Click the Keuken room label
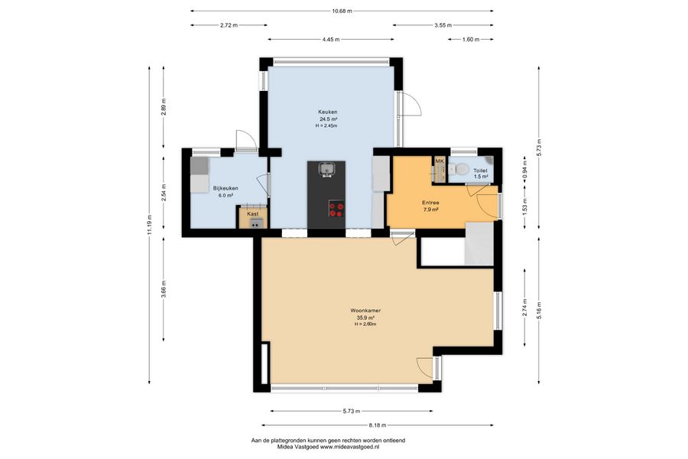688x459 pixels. pos(328,112)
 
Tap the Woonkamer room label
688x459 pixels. pos(365,311)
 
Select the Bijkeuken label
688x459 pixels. pos(226,188)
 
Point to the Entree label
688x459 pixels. pos(430,203)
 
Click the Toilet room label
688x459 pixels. pos(480,171)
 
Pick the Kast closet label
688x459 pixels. pos(253,214)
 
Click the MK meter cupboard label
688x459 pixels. pos(440,161)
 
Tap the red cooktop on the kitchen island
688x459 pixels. pos(336,208)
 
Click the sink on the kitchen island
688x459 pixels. pos(326,169)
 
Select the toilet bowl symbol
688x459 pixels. pos(459,169)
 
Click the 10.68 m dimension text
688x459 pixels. pos(342,11)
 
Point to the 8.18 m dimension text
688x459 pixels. pos(378,425)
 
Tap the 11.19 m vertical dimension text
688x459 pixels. pos(150,225)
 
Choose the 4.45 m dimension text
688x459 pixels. pos(331,40)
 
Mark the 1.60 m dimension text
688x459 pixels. pos(471,40)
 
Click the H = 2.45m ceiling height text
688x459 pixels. pos(326,126)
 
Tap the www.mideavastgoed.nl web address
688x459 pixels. pos(349,447)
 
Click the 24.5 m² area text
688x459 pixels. pos(328,119)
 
